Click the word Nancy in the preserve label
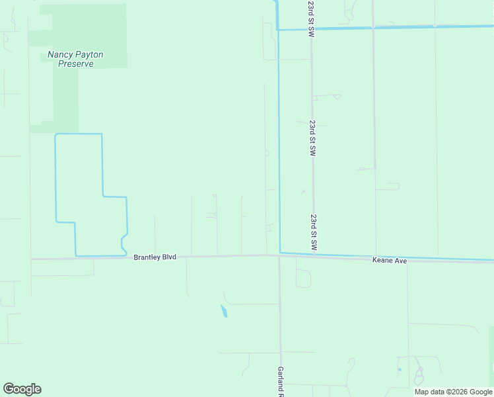point(59,55)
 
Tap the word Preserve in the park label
point(75,64)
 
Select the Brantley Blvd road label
point(155,257)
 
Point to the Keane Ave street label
point(390,261)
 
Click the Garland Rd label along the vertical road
point(281,381)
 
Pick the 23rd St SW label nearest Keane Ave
point(314,231)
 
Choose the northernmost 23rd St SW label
point(310,19)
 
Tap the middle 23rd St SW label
point(312,138)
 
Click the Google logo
point(22,389)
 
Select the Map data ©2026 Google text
point(453,392)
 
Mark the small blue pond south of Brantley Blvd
point(224,311)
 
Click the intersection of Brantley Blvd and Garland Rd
point(279,256)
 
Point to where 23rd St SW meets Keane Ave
point(314,255)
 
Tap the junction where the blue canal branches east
point(278,29)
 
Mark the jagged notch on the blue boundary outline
point(123,242)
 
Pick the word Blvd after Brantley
point(168,257)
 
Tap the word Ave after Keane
point(400,261)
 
